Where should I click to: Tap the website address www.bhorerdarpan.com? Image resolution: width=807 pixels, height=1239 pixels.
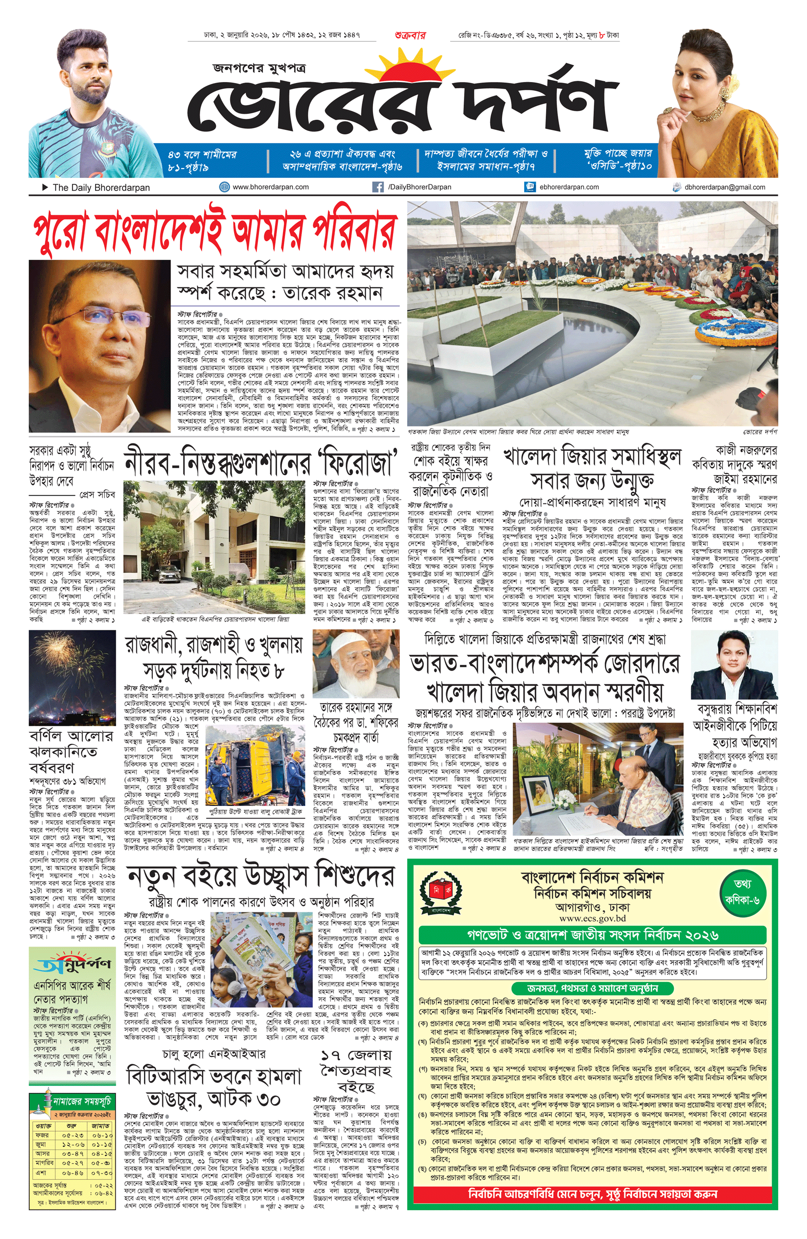270,187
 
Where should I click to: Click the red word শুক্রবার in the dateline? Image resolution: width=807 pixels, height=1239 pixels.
410,36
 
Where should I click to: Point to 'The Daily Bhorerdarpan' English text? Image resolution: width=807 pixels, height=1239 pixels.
101,187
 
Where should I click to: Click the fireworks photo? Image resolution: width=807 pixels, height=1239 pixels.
72,677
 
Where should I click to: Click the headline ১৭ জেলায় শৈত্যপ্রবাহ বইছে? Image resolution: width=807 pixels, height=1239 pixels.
356,1071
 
